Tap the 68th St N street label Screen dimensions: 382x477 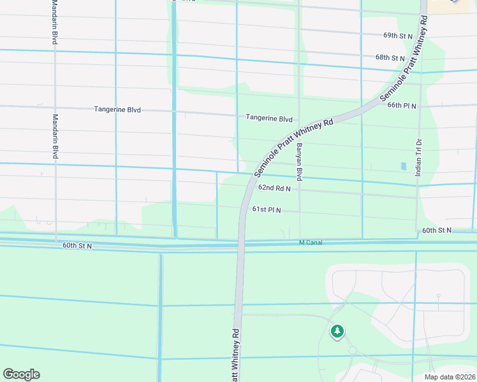pos(390,57)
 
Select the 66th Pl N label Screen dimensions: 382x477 pos(402,105)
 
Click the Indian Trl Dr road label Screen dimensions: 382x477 pos(419,157)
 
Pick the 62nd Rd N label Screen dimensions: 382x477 pos(274,188)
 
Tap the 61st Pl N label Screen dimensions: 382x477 pos(266,209)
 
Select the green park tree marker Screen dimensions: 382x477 pos(337,331)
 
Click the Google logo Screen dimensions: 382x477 pos(21,374)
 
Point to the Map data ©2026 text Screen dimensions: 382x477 pos(449,377)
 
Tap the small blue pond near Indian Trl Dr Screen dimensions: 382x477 pos(404,166)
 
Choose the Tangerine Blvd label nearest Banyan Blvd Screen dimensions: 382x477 pos(269,119)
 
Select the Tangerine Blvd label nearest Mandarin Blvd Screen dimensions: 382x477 pos(117,110)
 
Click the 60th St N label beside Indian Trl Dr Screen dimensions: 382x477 pos(437,230)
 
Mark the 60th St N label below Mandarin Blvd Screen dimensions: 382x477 pos(77,245)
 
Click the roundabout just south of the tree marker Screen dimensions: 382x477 pos(352,351)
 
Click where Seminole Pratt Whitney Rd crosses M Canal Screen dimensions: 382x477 pos(242,243)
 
